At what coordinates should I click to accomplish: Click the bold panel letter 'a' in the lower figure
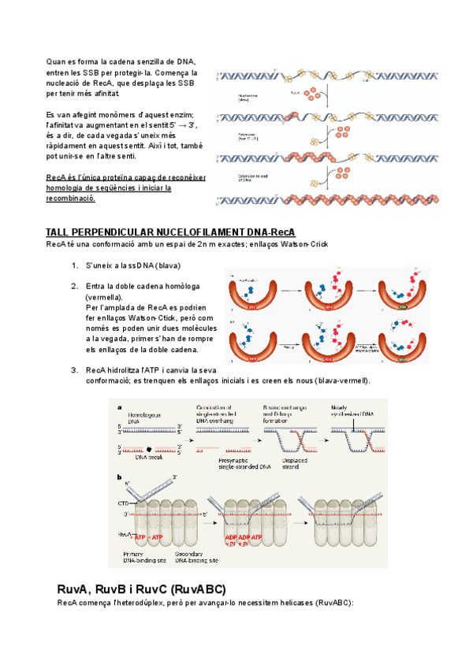click(x=118, y=408)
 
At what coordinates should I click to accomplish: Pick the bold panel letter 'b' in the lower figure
click(x=118, y=477)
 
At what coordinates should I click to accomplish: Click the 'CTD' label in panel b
click(x=123, y=501)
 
